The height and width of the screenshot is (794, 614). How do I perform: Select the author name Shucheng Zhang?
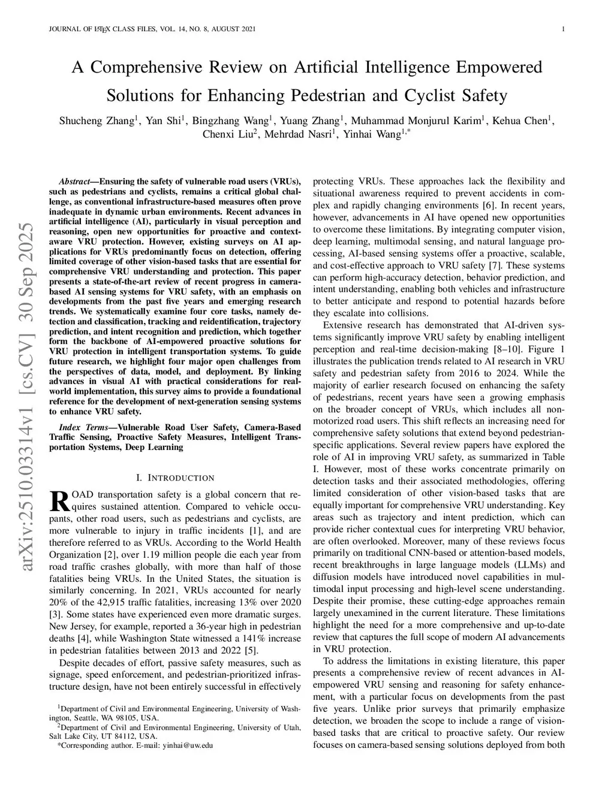pyautogui.click(x=96, y=120)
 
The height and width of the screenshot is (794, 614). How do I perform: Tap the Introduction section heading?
pyautogui.click(x=174, y=478)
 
